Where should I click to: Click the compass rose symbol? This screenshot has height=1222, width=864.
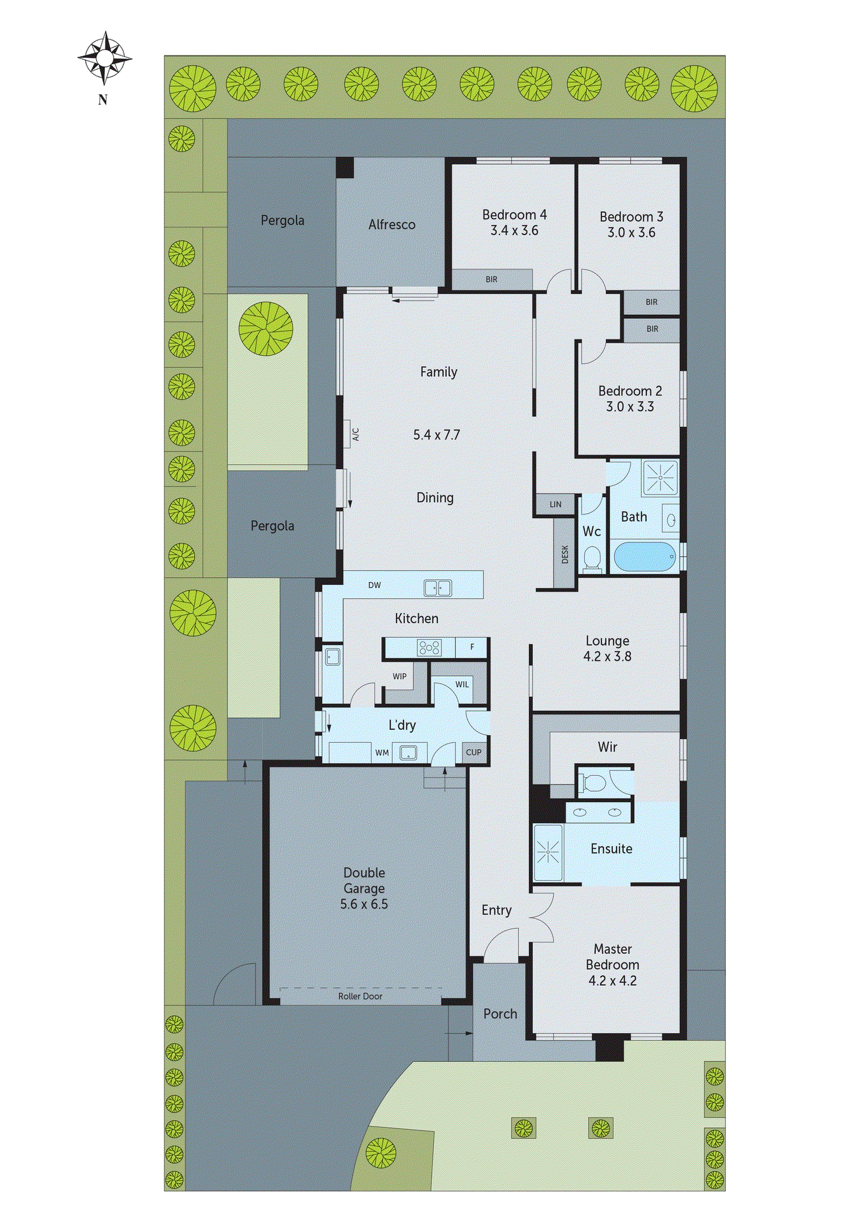point(104,59)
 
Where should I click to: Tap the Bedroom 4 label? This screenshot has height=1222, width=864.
point(514,215)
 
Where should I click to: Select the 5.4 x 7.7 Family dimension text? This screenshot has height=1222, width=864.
point(436,435)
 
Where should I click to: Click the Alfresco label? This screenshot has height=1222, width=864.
point(391,225)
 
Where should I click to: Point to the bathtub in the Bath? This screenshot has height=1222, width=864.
point(644,557)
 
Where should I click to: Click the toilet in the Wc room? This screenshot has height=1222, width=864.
point(592,559)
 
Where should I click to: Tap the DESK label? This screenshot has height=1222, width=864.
point(565,554)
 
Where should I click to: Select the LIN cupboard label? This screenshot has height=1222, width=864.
point(555,505)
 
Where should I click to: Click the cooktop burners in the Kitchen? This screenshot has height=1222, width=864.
point(429,648)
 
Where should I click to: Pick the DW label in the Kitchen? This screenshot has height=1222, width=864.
point(375,586)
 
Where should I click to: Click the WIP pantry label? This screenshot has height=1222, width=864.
point(400,677)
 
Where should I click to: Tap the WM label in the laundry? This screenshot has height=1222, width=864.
point(382,753)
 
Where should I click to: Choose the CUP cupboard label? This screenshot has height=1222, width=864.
point(473,752)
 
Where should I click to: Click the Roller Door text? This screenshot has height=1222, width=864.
point(360,997)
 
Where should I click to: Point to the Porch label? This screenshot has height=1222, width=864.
point(500,1014)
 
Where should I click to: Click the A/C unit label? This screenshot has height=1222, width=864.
point(356,435)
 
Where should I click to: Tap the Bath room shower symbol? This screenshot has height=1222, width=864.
point(660,477)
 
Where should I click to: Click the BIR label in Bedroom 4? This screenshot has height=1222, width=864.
point(491,279)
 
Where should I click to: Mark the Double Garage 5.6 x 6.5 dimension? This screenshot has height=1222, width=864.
point(364,904)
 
